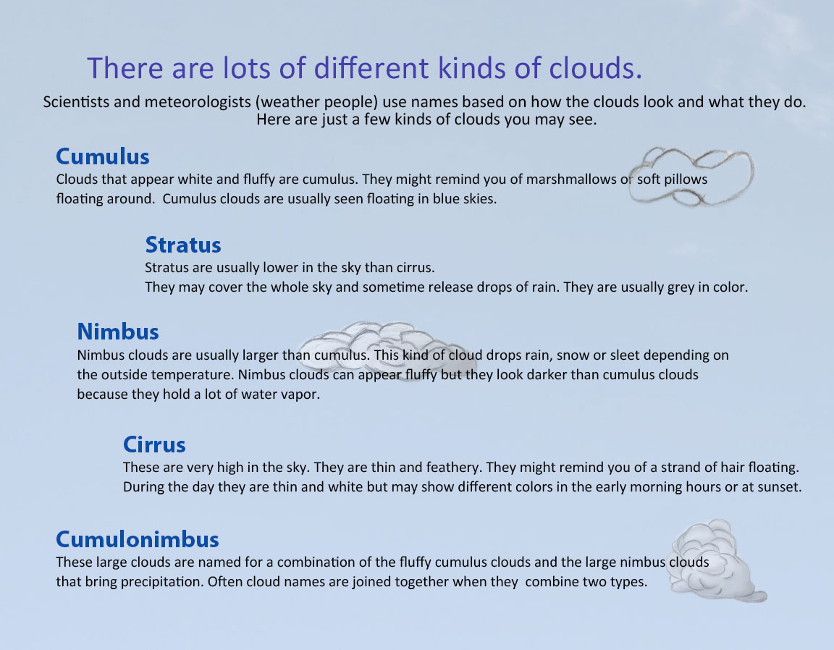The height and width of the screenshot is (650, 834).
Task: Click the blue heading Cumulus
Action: (103, 157)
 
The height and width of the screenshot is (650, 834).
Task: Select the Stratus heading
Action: (183, 245)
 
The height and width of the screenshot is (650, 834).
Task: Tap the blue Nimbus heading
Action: (118, 332)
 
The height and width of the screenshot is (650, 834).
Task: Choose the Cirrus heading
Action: (154, 444)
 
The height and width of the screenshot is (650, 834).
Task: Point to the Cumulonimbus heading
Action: (138, 539)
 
